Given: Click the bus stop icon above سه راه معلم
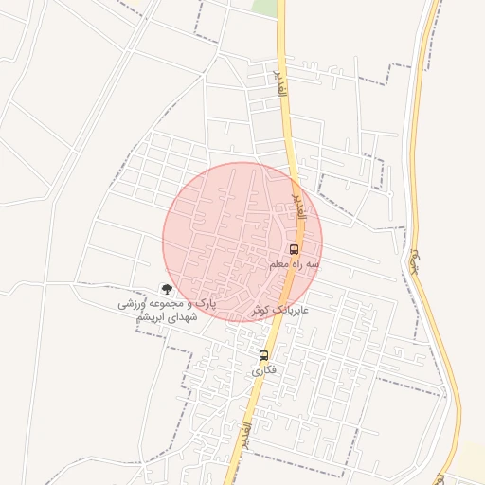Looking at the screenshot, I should point(293,249).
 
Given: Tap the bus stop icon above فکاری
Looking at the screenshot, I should point(264,356).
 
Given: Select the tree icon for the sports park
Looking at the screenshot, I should point(168,288).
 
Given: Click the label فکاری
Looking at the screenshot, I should point(264,371).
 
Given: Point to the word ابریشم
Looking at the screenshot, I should point(154,319).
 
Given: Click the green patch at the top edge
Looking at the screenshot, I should point(266,7).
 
